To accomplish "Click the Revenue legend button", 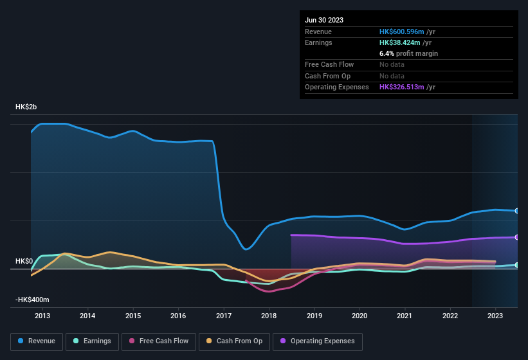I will click(x=37, y=341).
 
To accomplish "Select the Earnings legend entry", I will click(x=91, y=341).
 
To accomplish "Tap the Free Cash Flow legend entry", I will click(x=158, y=341).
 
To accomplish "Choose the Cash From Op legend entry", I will click(x=234, y=341).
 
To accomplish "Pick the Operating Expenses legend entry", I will click(x=318, y=341).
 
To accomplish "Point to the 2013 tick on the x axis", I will click(x=42, y=316).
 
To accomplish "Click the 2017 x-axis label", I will click(x=224, y=316).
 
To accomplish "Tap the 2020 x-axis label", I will click(x=360, y=316).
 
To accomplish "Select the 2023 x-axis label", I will click(x=495, y=316).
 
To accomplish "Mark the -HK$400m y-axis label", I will click(x=32, y=300).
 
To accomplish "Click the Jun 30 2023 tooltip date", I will click(x=324, y=20).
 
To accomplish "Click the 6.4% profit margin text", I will click(x=408, y=54).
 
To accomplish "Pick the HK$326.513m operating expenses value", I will click(x=408, y=87).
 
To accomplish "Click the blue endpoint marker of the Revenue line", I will click(x=517, y=211).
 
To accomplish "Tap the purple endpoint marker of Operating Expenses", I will click(x=517, y=237).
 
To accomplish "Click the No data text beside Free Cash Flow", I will click(x=392, y=65).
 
